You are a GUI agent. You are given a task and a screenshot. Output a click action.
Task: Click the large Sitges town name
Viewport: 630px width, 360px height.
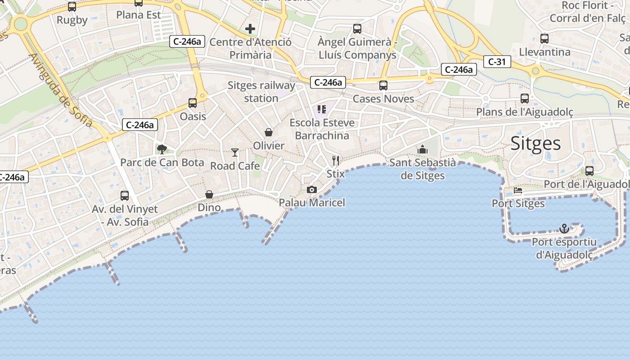pyautogui.click(x=535, y=144)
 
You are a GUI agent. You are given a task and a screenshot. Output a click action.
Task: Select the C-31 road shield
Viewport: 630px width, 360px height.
pyautogui.click(x=497, y=62)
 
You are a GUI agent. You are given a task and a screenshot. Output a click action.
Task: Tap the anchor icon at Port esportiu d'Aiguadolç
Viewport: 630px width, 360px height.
pyautogui.click(x=564, y=229)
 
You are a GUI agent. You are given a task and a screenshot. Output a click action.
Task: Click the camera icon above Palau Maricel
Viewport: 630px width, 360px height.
pyautogui.click(x=312, y=190)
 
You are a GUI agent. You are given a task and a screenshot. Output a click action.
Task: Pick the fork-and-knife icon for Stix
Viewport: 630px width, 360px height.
pyautogui.click(x=335, y=161)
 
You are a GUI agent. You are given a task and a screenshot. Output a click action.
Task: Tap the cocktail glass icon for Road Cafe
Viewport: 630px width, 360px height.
pyautogui.click(x=235, y=153)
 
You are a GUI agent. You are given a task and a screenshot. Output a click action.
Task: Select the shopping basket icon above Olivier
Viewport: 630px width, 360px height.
pyautogui.click(x=269, y=132)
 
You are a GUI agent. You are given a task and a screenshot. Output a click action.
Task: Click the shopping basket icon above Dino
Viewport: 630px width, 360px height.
pyautogui.click(x=209, y=194)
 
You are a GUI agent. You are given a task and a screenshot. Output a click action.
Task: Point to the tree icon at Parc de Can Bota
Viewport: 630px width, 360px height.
pyautogui.click(x=162, y=149)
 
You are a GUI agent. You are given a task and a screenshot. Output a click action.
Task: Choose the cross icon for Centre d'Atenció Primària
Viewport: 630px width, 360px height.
pyautogui.click(x=250, y=29)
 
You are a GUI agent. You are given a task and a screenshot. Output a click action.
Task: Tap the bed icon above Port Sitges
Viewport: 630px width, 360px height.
pyautogui.click(x=518, y=190)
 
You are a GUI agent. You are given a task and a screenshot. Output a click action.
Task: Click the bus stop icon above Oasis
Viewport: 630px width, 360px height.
pyautogui.click(x=193, y=103)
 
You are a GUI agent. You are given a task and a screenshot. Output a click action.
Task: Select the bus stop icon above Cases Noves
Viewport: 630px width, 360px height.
pyautogui.click(x=383, y=85)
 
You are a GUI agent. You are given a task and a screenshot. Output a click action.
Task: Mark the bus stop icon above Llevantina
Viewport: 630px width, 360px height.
pyautogui.click(x=544, y=38)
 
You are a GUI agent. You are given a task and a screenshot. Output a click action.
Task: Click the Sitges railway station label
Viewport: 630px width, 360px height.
pyautogui.click(x=261, y=92)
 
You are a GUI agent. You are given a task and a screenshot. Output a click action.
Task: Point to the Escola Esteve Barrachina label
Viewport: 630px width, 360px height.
pyautogui.click(x=322, y=129)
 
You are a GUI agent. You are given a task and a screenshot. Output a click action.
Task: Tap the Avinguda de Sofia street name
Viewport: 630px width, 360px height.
pyautogui.click(x=61, y=90)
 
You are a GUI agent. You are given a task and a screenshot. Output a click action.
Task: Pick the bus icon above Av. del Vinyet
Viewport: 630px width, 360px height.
pyautogui.click(x=125, y=196)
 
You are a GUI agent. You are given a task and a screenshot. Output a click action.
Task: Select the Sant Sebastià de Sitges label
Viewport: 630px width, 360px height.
pyautogui.click(x=423, y=169)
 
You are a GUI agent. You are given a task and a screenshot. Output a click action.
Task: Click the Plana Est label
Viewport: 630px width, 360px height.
pyautogui.click(x=139, y=15)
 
